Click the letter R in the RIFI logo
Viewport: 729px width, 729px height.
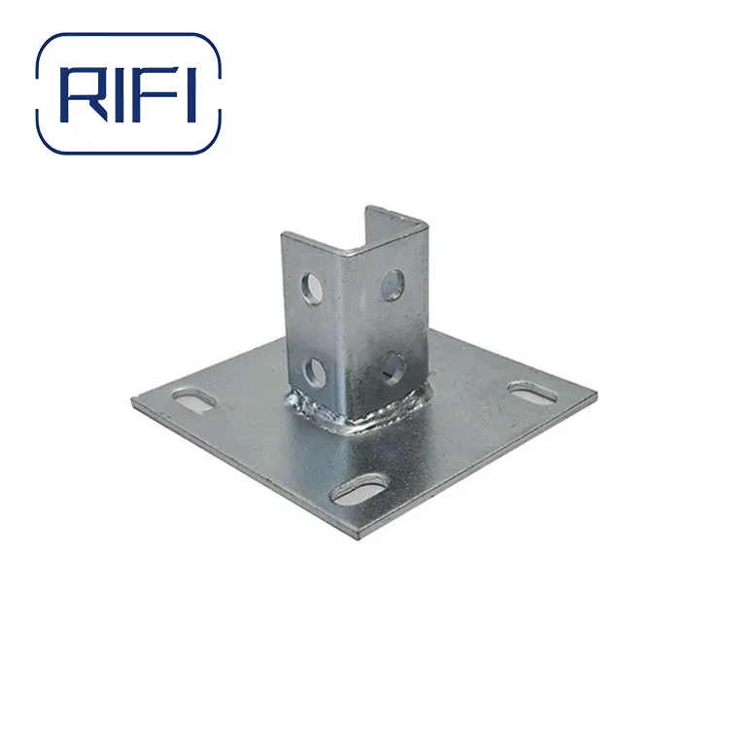(x=83, y=93)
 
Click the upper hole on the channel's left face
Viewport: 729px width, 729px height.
(x=313, y=286)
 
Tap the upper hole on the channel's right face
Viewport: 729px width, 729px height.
(x=392, y=285)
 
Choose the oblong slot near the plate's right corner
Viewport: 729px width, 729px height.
(x=533, y=394)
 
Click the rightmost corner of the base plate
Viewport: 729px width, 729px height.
(x=595, y=398)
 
